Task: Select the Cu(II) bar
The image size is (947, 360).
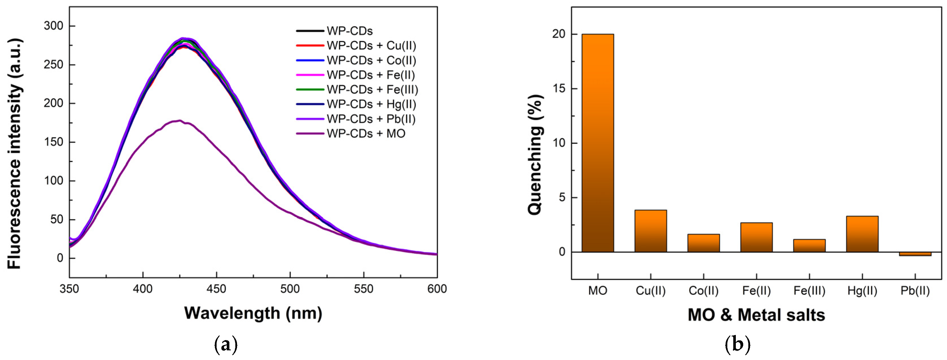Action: [650, 231]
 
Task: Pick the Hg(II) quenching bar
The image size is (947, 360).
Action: [862, 234]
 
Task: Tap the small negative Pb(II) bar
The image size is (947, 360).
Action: [915, 254]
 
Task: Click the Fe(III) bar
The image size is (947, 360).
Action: [809, 245]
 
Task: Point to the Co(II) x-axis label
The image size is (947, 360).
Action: [703, 291]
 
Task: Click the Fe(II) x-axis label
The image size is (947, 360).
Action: [756, 291]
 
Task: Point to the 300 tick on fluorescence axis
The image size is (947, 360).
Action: [53, 26]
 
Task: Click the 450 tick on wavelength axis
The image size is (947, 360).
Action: [216, 289]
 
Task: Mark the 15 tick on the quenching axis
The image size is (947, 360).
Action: [559, 89]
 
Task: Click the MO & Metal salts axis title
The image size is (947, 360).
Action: [756, 315]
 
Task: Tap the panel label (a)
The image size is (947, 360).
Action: [225, 345]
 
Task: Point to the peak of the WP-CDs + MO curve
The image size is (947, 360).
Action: [179, 120]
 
